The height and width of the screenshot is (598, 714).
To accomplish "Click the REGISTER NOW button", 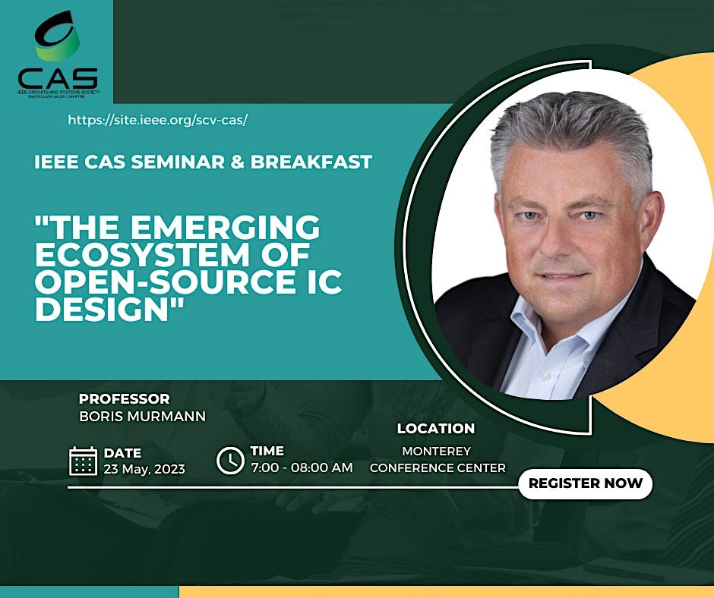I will click(585, 483).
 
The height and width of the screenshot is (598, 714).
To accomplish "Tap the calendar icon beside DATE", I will click(83, 461).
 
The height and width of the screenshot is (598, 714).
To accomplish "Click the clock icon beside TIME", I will click(230, 460).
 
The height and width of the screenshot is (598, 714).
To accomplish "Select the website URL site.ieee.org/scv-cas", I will click(158, 120).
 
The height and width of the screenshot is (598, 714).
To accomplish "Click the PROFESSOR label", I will click(124, 399).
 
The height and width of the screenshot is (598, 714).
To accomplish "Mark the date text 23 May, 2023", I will click(144, 468).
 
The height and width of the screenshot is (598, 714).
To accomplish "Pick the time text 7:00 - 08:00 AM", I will click(302, 467).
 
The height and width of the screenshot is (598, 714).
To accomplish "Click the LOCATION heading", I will click(436, 429).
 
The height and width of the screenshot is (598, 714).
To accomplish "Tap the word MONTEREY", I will click(437, 452).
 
